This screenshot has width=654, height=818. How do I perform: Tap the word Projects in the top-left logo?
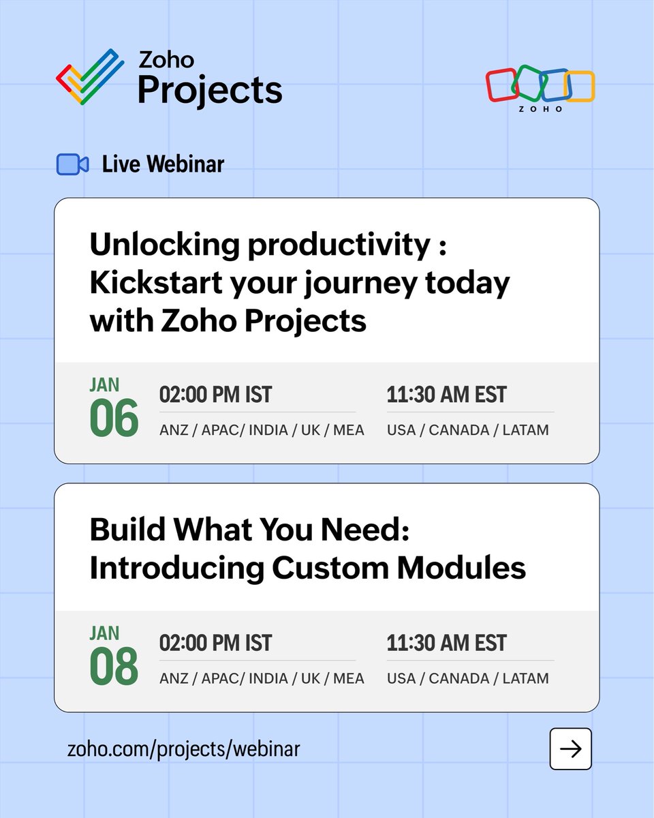210,90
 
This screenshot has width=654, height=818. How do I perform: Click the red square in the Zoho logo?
502,85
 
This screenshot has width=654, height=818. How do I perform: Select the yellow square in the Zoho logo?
581,87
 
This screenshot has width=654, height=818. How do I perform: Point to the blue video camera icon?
72,164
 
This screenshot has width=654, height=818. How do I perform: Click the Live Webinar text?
163,164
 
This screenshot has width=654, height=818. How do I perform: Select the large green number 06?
114,419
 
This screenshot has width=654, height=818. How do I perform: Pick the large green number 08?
114,667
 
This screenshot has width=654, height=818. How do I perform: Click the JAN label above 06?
104,384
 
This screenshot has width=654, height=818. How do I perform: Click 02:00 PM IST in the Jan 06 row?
215,395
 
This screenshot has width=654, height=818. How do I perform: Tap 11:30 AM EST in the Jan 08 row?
446,643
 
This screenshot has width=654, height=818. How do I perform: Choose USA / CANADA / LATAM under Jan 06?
467,430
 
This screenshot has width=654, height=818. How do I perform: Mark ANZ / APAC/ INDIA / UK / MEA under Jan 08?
262,678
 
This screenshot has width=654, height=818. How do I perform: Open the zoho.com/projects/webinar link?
184,749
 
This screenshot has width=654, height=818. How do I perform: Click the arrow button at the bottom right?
570,749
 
